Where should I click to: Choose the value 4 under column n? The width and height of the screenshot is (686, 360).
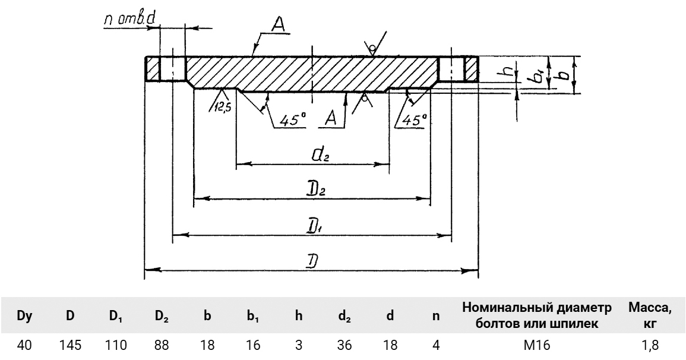pos(435,347)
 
